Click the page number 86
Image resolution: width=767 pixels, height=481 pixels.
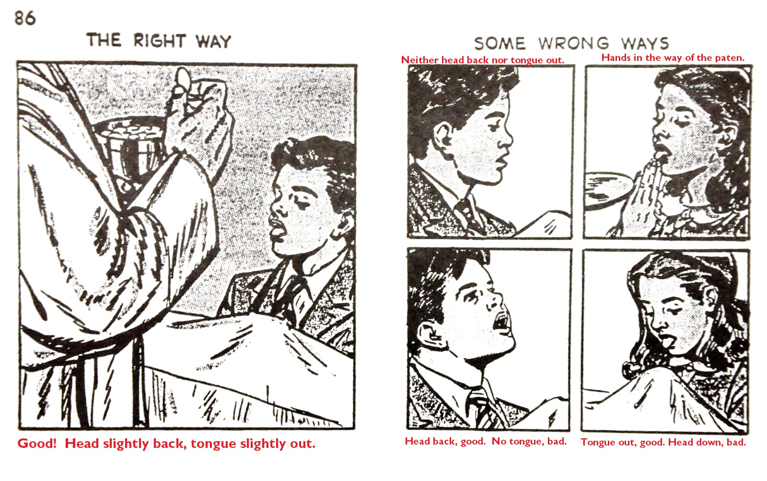pyautogui.click(x=25, y=18)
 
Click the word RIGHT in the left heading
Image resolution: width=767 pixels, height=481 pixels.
pyautogui.click(x=160, y=41)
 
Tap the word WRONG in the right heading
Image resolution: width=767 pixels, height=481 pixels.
pyautogui.click(x=573, y=44)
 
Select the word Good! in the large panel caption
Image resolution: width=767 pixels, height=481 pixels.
pyautogui.click(x=37, y=443)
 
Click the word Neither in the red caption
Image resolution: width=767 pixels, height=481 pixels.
pyautogui.click(x=419, y=60)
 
